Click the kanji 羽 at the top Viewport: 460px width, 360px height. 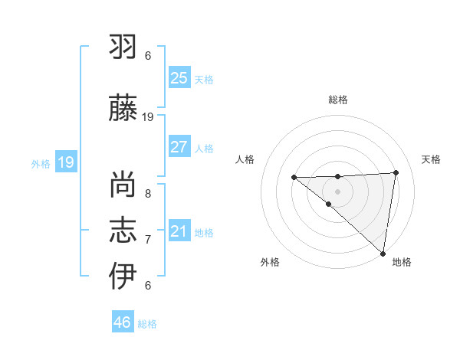(123, 48)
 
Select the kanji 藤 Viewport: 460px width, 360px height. (123, 109)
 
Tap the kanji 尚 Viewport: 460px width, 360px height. (123, 185)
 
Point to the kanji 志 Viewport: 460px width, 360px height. (123, 231)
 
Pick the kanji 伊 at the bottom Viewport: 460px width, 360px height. (123, 276)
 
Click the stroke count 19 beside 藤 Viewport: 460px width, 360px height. (148, 117)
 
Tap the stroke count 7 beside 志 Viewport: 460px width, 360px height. (148, 240)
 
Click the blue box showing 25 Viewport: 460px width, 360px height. (179, 78)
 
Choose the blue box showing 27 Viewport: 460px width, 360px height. (179, 146)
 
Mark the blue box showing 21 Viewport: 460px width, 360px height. (179, 231)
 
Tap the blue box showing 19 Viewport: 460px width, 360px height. (65, 162)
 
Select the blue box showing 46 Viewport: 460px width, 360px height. (123, 322)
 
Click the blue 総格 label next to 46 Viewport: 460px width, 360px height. (147, 324)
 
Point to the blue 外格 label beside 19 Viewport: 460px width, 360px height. (40, 163)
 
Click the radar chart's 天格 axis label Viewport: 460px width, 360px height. (431, 159)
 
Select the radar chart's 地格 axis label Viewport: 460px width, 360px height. (402, 263)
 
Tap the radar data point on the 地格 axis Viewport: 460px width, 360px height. (383, 254)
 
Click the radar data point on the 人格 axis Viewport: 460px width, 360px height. (294, 178)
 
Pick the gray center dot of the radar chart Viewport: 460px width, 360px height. (337, 191)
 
